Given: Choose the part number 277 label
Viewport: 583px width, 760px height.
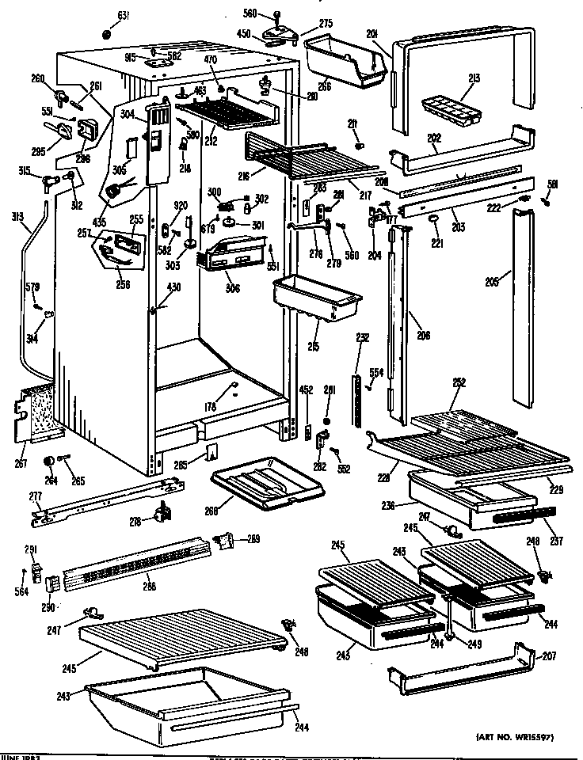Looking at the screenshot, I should click(x=36, y=496).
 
